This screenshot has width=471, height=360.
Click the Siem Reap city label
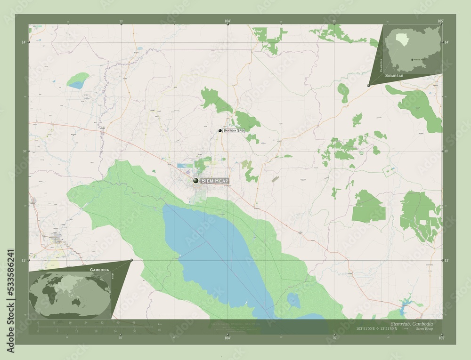[x=215, y=181]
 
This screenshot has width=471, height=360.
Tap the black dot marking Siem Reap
[x=195, y=180]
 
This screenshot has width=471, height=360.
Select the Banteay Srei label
[x=234, y=130]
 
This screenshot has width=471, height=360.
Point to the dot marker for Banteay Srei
[x=220, y=130]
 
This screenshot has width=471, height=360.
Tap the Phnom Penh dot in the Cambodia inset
[x=412, y=59]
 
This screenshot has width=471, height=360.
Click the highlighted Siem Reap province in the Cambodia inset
[x=401, y=37]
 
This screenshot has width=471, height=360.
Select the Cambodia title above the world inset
[x=99, y=269]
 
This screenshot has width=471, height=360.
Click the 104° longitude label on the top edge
[x=227, y=22]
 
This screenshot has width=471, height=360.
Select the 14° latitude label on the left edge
[x=23, y=42]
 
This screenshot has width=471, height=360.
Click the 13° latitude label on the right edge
[x=447, y=260]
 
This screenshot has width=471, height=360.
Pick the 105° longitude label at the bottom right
[x=440, y=338]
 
